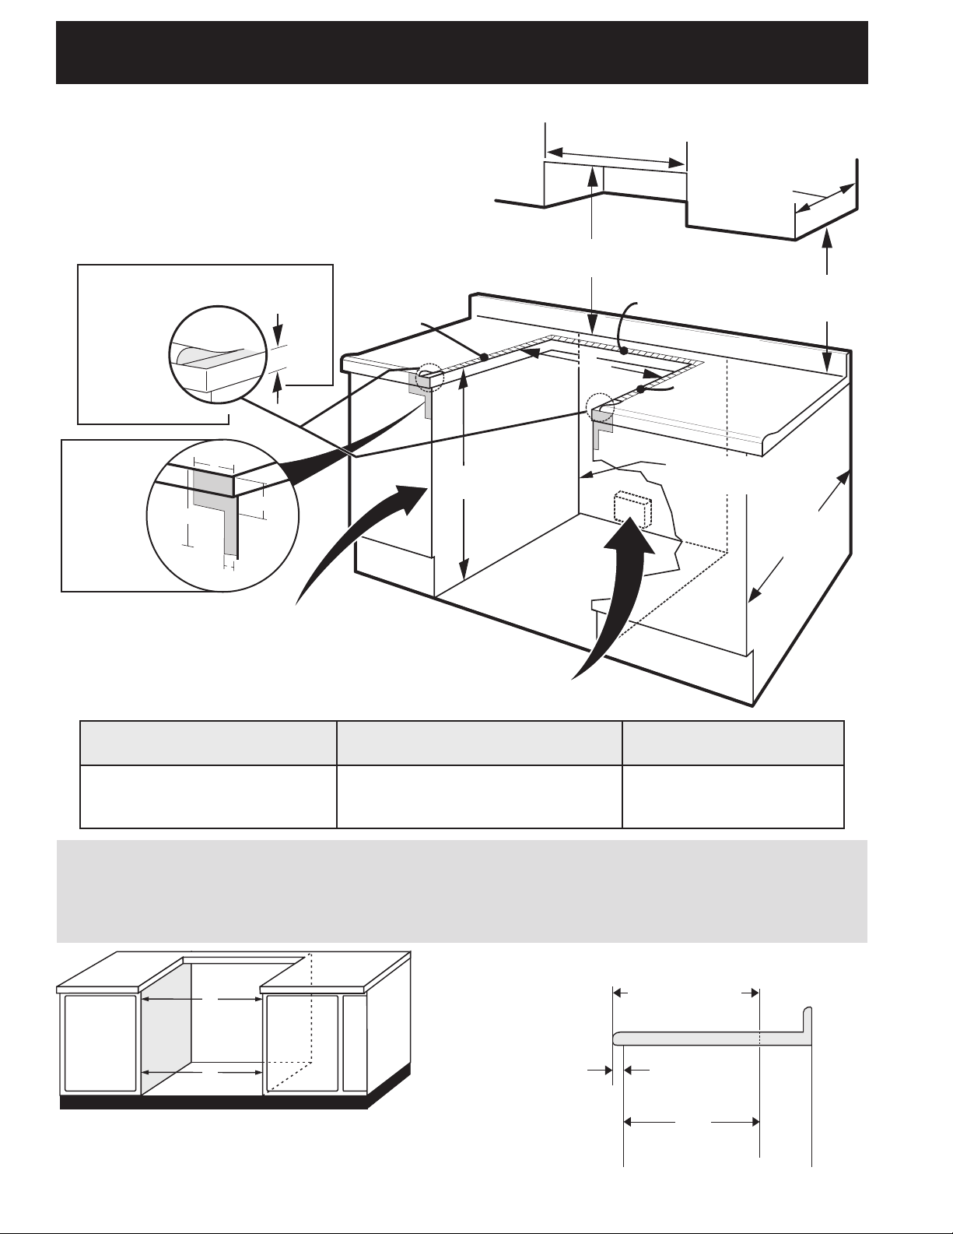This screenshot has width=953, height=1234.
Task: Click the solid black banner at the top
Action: pyautogui.click(x=461, y=51)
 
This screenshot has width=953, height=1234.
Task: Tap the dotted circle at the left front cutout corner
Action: pyautogui.click(x=428, y=378)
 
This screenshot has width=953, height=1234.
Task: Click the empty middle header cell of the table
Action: pyautogui.click(x=478, y=743)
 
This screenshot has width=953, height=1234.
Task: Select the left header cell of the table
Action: pyautogui.click(x=208, y=743)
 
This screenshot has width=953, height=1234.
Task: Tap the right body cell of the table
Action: pyautogui.click(x=733, y=796)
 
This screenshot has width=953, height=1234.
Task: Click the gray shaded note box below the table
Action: pyautogui.click(x=461, y=891)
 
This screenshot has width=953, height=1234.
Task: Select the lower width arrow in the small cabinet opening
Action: pyautogui.click(x=201, y=1072)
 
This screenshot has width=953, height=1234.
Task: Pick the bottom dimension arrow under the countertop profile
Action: pyautogui.click(x=692, y=1122)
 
